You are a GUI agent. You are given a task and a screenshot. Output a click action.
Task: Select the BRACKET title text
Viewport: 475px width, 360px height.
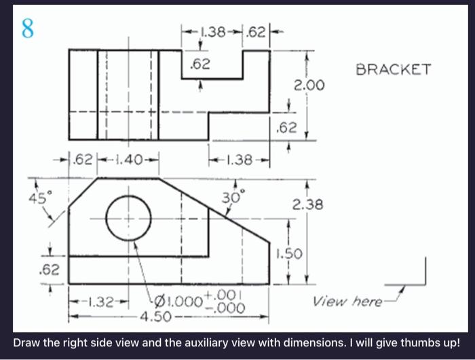pos(394,69)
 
